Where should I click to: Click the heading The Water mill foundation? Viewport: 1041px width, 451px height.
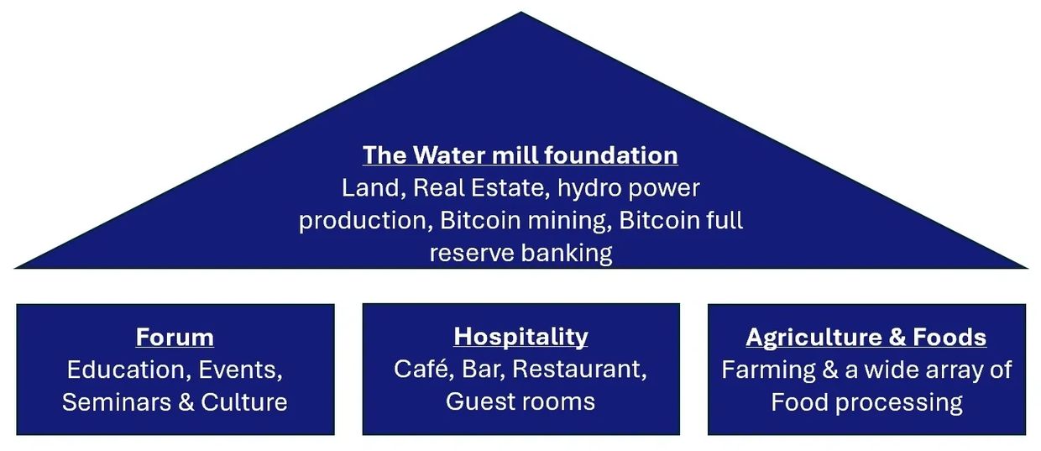(x=520, y=155)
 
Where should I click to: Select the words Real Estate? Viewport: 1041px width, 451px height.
(x=489, y=187)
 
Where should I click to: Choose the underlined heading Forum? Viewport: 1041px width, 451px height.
(x=175, y=338)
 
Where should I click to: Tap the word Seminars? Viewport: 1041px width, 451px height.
(x=116, y=401)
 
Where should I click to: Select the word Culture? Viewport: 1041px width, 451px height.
(x=244, y=401)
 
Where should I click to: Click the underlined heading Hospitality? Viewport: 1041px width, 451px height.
(x=520, y=337)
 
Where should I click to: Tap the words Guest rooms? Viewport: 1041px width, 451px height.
(x=520, y=401)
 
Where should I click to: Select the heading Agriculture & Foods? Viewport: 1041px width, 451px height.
(x=866, y=338)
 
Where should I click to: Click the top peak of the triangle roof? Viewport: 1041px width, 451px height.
(x=520, y=13)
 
